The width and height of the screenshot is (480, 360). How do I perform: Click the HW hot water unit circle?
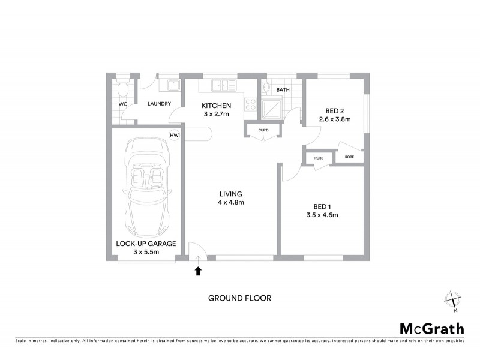click(175, 135)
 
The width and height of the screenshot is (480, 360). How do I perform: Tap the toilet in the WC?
click(123, 91)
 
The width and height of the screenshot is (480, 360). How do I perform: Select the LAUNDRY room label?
click(160, 104)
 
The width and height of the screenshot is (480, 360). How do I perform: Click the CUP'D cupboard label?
click(263, 130)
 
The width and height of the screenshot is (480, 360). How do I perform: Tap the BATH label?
click(283, 91)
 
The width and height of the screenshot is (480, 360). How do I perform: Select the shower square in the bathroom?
click(273, 108)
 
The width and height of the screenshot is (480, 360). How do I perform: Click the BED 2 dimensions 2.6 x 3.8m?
click(334, 119)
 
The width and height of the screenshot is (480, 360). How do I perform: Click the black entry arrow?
click(198, 271)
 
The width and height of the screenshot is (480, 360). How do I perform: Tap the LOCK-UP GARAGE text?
click(146, 244)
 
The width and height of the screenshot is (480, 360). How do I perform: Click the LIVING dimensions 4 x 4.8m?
click(231, 203)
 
